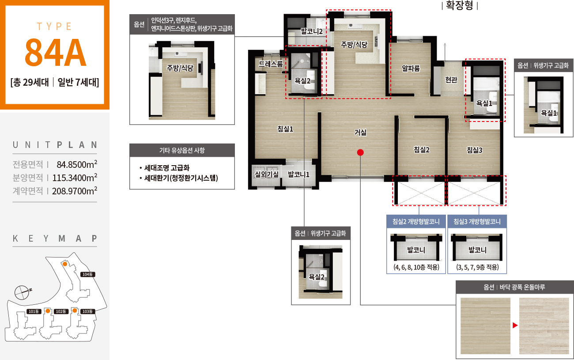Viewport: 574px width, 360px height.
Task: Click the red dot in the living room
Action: pos(360,152)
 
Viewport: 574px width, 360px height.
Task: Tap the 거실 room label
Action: pos(360,133)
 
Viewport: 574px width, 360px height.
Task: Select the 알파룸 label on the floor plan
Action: pos(411,68)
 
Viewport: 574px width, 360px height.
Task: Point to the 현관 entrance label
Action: pos(451,80)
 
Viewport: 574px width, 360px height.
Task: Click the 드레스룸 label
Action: pos(271,64)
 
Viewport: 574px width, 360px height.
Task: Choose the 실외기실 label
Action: pos(267,174)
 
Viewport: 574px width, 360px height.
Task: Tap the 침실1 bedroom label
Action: pos(285,129)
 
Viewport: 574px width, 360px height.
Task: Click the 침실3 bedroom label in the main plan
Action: pos(474,150)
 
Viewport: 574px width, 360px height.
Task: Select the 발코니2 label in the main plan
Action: pos(312,31)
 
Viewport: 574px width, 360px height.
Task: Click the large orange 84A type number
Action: pos(55,53)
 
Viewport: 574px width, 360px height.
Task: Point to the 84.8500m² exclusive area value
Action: pos(77,164)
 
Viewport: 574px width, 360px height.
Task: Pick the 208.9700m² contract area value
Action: pos(75,191)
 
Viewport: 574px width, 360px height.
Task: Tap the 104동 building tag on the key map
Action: pos(87,274)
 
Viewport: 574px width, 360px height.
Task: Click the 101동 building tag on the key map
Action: pos(34,311)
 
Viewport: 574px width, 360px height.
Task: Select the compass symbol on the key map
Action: pos(23,292)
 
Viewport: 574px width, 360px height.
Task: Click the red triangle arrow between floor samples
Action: pos(515,326)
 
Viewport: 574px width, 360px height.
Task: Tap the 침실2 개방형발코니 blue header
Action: pos(416,221)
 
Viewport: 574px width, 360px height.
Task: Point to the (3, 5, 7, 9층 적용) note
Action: pos(477,267)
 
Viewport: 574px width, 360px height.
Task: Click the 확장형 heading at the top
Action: pos(460,5)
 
